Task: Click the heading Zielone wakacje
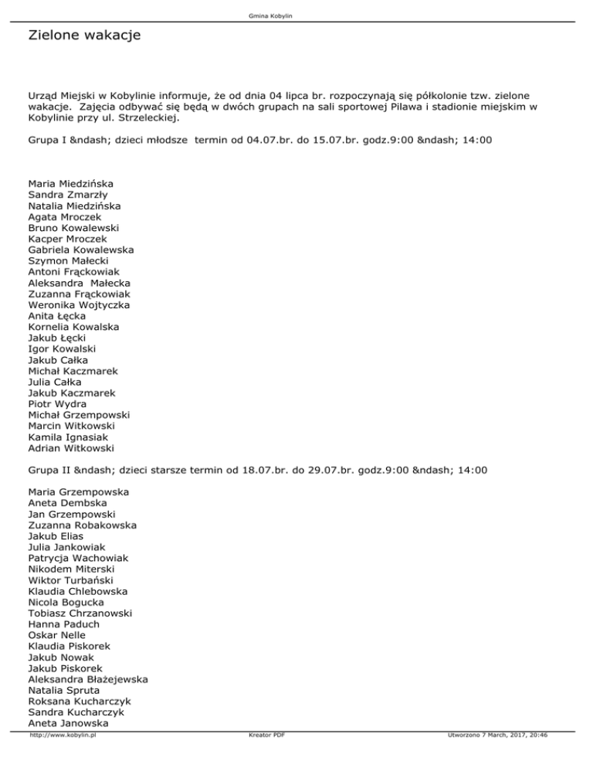click(x=83, y=36)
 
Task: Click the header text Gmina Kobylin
click(x=296, y=15)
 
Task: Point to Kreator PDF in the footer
click(x=263, y=736)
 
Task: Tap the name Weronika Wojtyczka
click(x=79, y=305)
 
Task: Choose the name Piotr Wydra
click(x=57, y=403)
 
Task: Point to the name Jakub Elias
click(x=56, y=535)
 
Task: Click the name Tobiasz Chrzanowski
click(x=80, y=613)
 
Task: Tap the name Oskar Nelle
click(x=56, y=634)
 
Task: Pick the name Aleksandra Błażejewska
click(x=88, y=678)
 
